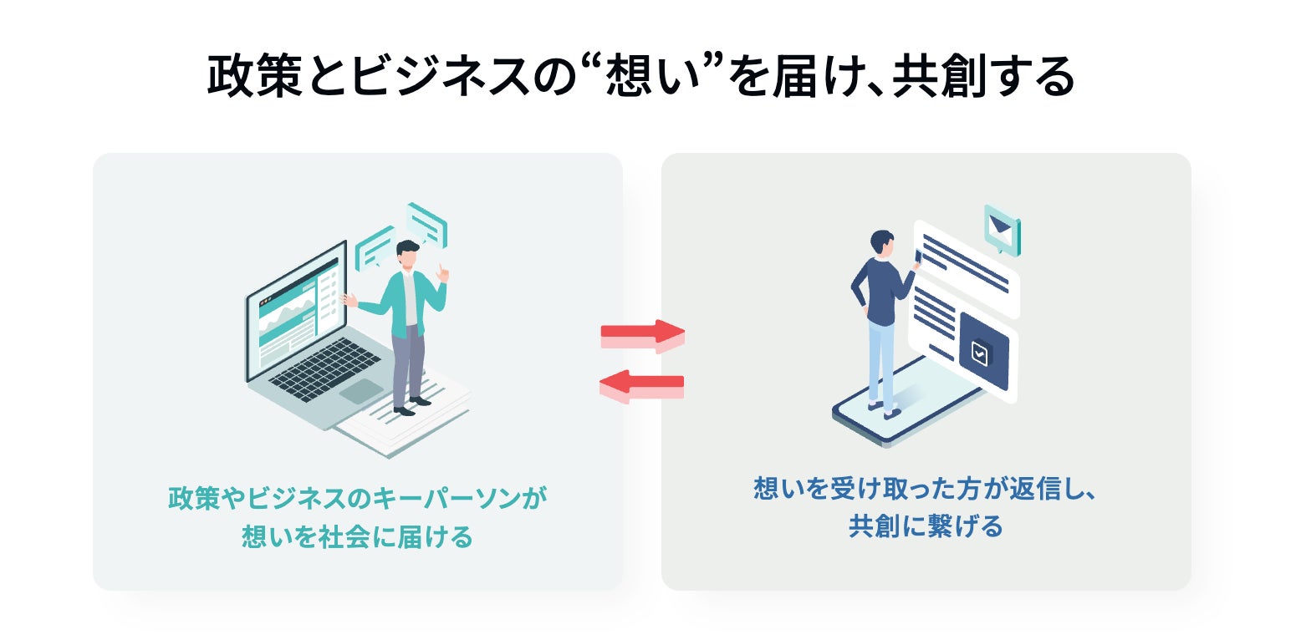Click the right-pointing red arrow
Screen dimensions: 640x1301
[642, 335]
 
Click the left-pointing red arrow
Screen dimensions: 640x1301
[642, 385]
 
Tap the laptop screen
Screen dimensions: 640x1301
[294, 310]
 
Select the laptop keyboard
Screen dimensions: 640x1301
[325, 368]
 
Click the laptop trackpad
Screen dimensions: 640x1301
[361, 391]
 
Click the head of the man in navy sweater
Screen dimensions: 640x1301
[881, 241]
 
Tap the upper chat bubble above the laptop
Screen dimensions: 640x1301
[426, 221]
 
